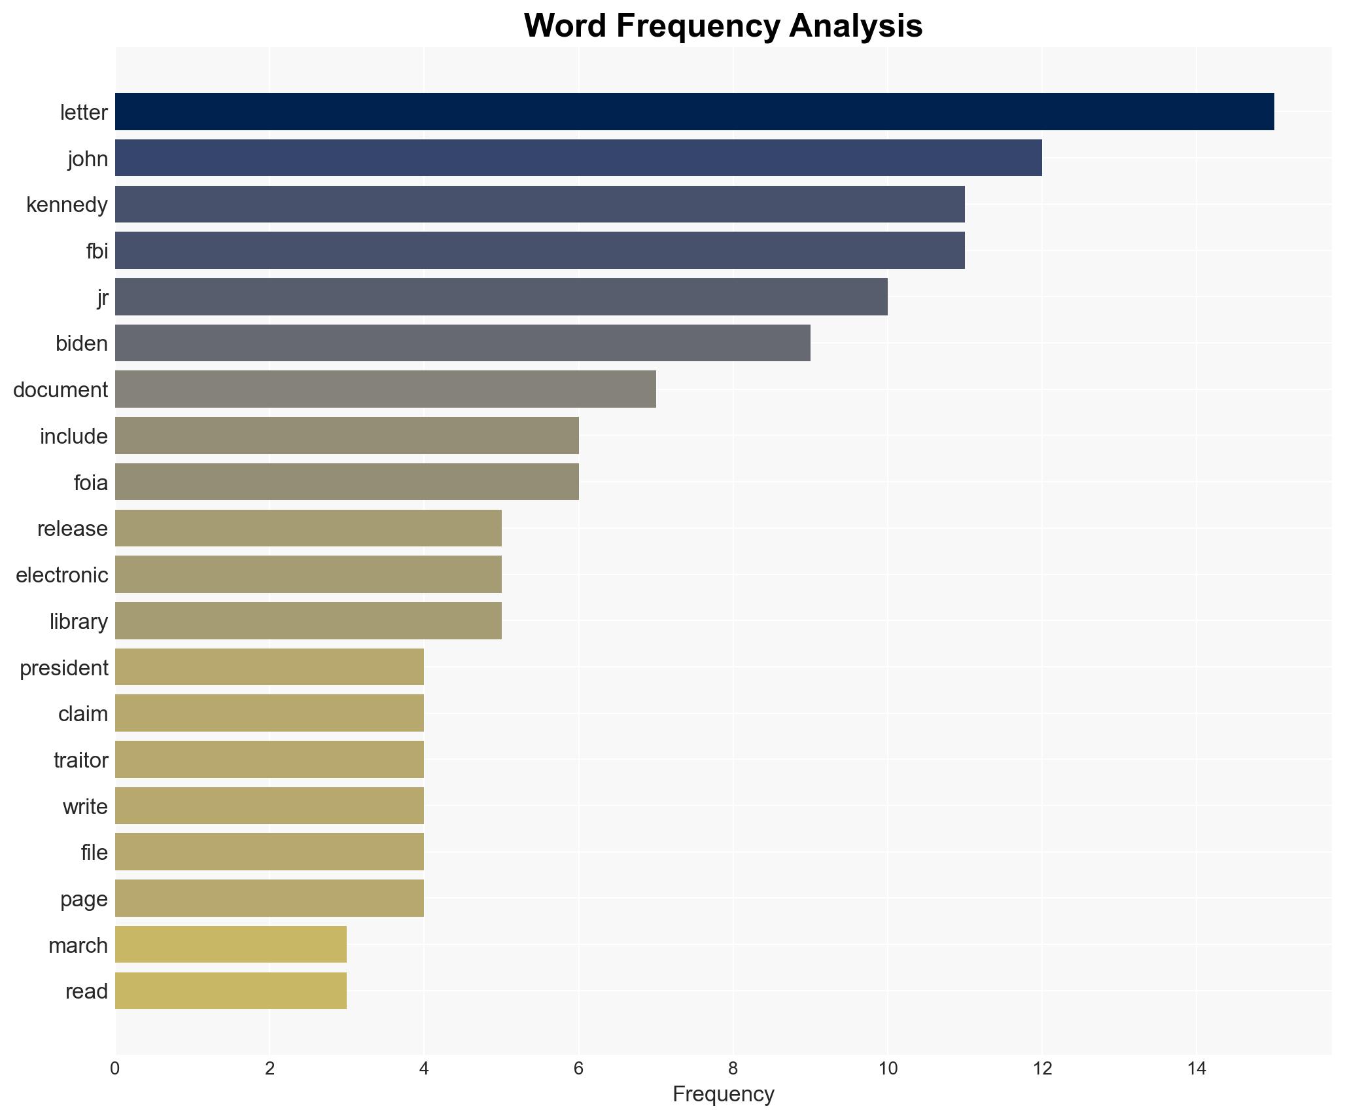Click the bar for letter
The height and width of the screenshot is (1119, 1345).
[x=694, y=112]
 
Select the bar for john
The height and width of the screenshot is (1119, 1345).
[x=578, y=158]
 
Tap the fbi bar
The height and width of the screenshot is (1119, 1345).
[x=540, y=251]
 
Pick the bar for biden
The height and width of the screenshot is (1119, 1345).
[x=463, y=343]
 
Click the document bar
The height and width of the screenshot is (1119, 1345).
[x=385, y=389]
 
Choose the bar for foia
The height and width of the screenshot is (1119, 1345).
[x=347, y=482]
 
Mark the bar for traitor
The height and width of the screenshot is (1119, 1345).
[x=270, y=760]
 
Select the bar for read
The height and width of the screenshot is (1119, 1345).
[x=231, y=991]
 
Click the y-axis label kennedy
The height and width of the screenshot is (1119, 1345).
[x=67, y=205]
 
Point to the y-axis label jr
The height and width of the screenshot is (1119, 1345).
[x=102, y=297]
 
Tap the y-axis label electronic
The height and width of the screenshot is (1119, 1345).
[x=61, y=575]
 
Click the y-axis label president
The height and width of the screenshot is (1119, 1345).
[x=63, y=668]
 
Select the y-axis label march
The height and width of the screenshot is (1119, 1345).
[x=78, y=946]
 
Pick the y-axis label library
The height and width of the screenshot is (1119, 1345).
[x=79, y=622]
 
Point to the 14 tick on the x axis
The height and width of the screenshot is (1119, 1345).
[x=1197, y=1069]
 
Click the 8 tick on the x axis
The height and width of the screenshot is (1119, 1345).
[x=733, y=1069]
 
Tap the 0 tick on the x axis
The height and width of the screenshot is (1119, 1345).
[x=115, y=1069]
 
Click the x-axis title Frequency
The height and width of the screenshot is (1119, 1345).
[x=723, y=1094]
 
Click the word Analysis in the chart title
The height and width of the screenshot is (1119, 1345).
[x=856, y=26]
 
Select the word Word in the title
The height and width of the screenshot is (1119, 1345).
[x=564, y=26]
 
